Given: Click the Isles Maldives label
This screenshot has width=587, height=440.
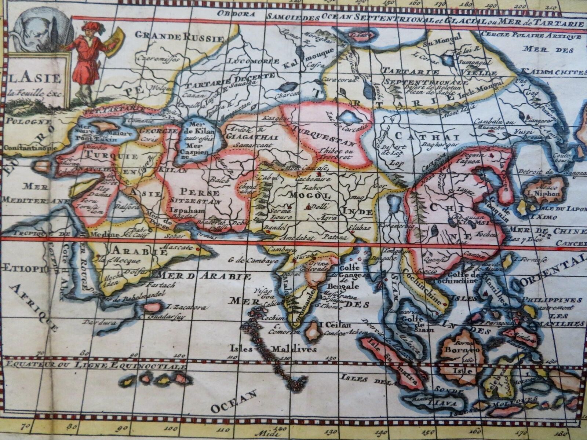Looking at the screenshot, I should pos(273,349).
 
